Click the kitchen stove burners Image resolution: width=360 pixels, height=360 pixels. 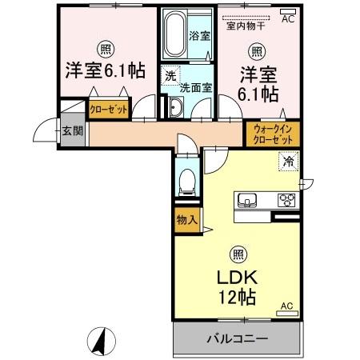point(286,199)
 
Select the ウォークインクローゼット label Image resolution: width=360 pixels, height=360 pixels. point(272,132)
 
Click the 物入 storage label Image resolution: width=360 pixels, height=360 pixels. point(186,219)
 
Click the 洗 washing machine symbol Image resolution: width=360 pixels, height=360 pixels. point(170,76)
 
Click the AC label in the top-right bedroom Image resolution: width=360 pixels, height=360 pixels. point(288,14)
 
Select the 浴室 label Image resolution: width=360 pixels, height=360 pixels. point(199,37)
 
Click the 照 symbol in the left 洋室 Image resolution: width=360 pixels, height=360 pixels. point(106,47)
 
